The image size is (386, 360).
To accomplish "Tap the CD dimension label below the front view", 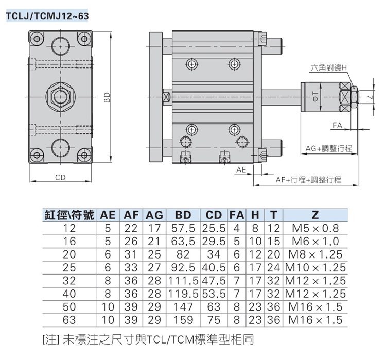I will coord(61,178).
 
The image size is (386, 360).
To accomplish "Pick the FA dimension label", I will coord(337,126).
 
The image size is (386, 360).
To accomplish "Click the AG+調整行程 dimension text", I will coord(328,148).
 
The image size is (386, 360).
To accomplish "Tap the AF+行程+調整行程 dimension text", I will coord(309,180).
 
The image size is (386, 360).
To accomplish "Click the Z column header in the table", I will coord(315,215).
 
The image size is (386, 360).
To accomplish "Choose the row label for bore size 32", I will coord(69,281).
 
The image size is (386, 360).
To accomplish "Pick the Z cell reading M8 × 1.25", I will coord(315,254).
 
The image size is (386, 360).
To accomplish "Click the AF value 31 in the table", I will coord(131,254).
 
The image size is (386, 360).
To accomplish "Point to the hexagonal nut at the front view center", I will coord(61,96).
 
